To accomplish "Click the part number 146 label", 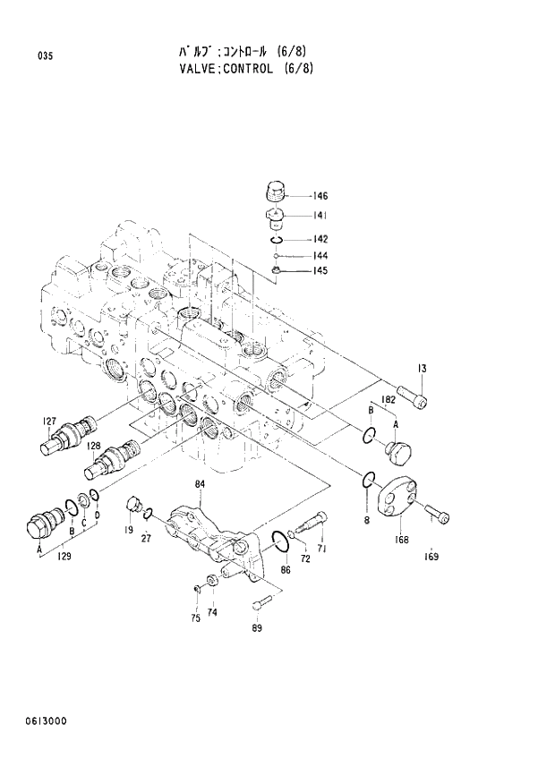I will click(x=320, y=196).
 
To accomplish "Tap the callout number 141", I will click(x=320, y=216).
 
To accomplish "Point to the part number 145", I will click(x=320, y=271).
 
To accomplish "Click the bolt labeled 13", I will click(x=412, y=391).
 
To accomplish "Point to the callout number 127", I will click(x=49, y=422).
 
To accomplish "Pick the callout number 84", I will click(x=200, y=484).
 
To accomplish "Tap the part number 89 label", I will click(x=257, y=627).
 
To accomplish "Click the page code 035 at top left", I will click(x=46, y=56).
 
